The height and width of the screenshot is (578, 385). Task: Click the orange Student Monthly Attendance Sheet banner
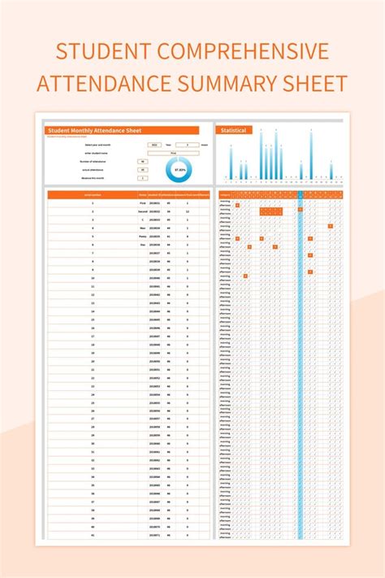point(122,130)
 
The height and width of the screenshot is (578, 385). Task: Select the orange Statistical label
point(234,130)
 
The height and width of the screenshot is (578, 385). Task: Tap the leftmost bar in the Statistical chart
point(231,163)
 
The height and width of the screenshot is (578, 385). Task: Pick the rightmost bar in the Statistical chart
point(331,172)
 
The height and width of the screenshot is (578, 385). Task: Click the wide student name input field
point(173,153)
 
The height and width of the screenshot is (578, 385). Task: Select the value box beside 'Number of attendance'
point(143,162)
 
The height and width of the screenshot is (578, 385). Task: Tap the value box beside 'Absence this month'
point(143,178)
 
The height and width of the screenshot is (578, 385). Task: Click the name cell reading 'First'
point(143,203)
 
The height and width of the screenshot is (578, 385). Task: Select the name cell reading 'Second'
point(143,211)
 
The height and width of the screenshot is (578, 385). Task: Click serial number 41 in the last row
point(93,535)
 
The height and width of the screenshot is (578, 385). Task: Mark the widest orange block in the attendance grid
point(271,211)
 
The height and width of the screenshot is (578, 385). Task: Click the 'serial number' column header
point(93,195)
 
